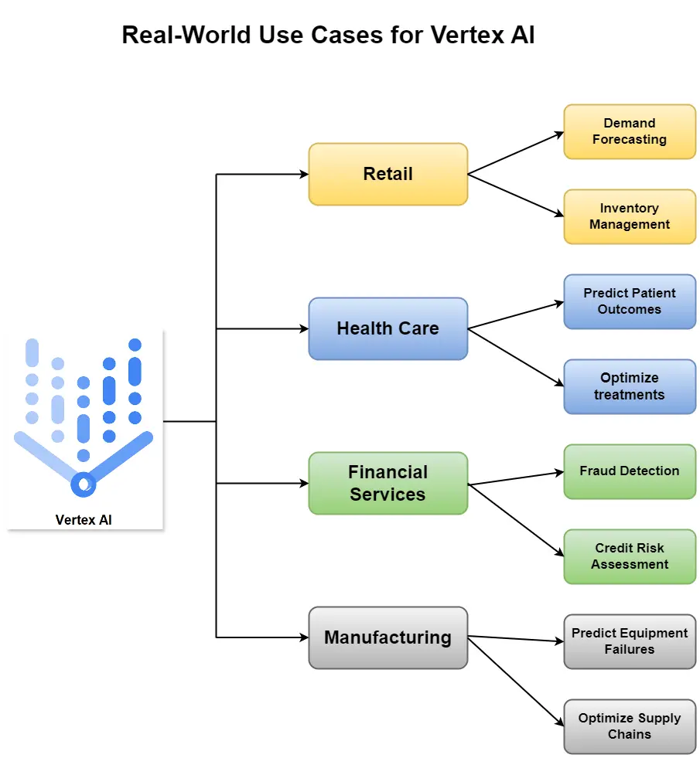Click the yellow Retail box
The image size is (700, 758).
(388, 174)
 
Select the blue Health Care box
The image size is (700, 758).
(388, 328)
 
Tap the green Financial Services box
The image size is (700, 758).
(388, 483)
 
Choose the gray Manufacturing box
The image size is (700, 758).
(388, 637)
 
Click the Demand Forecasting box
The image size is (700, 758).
(630, 131)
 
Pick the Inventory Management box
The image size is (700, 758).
(630, 216)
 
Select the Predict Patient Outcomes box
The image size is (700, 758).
(630, 301)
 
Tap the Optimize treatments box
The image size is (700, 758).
(630, 386)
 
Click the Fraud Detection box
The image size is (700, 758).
(630, 471)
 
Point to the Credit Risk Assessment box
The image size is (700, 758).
(630, 556)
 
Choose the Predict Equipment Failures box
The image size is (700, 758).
(630, 641)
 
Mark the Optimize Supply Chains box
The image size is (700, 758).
(630, 726)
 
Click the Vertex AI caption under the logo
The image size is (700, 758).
(84, 520)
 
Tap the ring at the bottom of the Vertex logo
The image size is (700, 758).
(83, 484)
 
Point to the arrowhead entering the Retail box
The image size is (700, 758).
(303, 175)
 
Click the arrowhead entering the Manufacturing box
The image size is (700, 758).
(303, 638)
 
